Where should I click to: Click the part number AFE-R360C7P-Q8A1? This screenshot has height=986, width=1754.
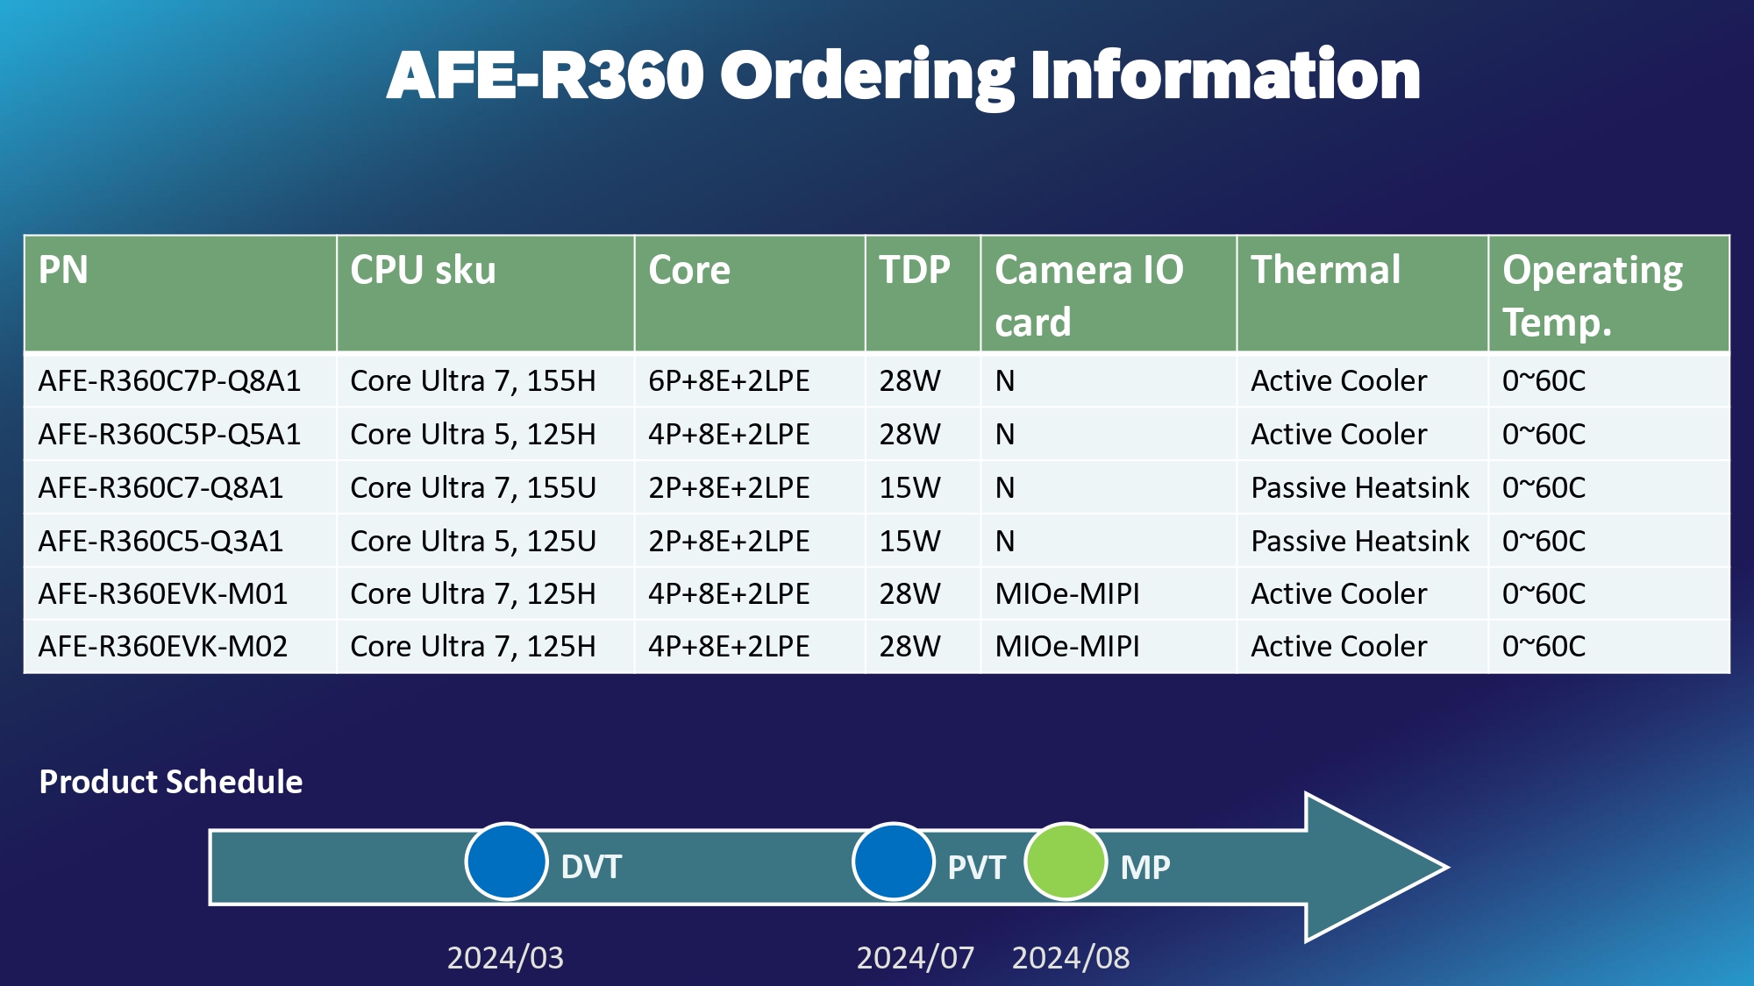click(x=169, y=381)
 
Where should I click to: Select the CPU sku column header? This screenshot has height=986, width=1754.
click(x=423, y=270)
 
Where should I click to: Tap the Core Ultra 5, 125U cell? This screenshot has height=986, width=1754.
click(x=473, y=541)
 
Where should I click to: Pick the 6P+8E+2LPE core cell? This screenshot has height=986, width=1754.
click(x=729, y=381)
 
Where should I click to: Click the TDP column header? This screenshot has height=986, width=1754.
click(x=915, y=270)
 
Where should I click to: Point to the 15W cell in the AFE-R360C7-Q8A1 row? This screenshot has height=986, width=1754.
click(x=909, y=487)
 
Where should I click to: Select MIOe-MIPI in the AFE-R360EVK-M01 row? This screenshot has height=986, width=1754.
click(x=1067, y=594)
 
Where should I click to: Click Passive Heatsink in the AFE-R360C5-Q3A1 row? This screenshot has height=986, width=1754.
click(x=1359, y=541)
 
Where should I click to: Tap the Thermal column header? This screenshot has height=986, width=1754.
click(x=1325, y=270)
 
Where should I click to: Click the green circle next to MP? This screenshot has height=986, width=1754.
click(x=1065, y=862)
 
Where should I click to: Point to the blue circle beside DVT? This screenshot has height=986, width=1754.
click(x=506, y=862)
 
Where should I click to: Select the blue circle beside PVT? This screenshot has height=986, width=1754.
click(x=893, y=862)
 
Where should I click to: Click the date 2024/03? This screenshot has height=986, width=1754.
click(x=505, y=957)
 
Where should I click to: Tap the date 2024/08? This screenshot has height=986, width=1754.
click(x=1071, y=957)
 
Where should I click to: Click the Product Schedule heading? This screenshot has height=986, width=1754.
click(x=171, y=782)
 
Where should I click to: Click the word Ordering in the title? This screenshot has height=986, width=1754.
click(x=866, y=77)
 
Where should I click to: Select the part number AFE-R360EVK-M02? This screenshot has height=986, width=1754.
click(x=163, y=647)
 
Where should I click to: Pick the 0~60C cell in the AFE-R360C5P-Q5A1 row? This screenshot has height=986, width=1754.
click(x=1544, y=435)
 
